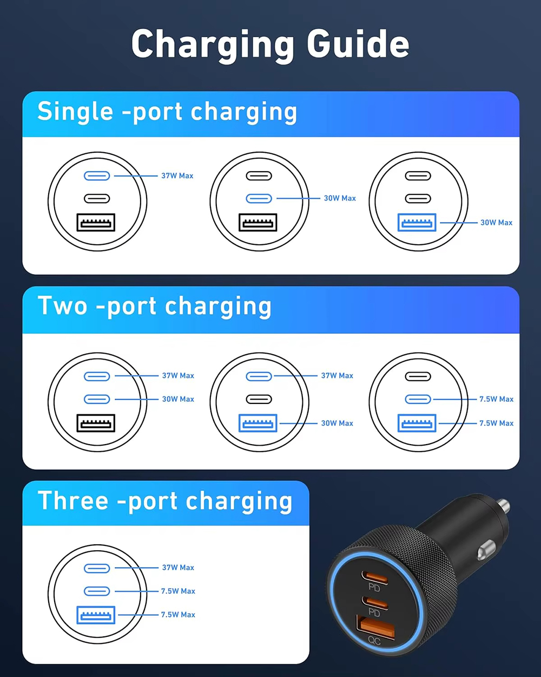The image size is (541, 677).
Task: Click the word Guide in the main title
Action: click(358, 44)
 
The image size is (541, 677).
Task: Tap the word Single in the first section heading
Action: click(75, 112)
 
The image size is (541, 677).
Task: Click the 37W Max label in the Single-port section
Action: click(177, 176)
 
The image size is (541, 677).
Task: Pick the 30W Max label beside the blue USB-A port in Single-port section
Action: click(496, 223)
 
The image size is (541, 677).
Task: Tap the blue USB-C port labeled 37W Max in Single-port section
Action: click(97, 176)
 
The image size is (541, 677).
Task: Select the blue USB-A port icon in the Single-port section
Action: click(417, 223)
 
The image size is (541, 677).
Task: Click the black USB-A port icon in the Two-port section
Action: click(96, 423)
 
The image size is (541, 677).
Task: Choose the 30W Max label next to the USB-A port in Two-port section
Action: click(337, 424)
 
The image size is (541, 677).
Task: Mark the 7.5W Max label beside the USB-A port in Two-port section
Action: click(496, 424)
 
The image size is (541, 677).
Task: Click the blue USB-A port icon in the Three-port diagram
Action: click(96, 615)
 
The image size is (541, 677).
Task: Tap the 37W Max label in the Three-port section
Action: click(178, 568)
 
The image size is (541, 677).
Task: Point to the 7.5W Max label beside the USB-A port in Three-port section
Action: click(178, 615)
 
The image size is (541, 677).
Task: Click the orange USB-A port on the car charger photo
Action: click(375, 628)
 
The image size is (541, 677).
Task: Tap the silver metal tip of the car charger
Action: click(504, 506)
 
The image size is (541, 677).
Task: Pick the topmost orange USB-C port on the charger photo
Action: click(375, 577)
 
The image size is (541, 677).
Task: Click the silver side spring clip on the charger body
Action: click(486, 549)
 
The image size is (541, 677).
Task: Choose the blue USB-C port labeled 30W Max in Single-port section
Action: click(259, 199)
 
